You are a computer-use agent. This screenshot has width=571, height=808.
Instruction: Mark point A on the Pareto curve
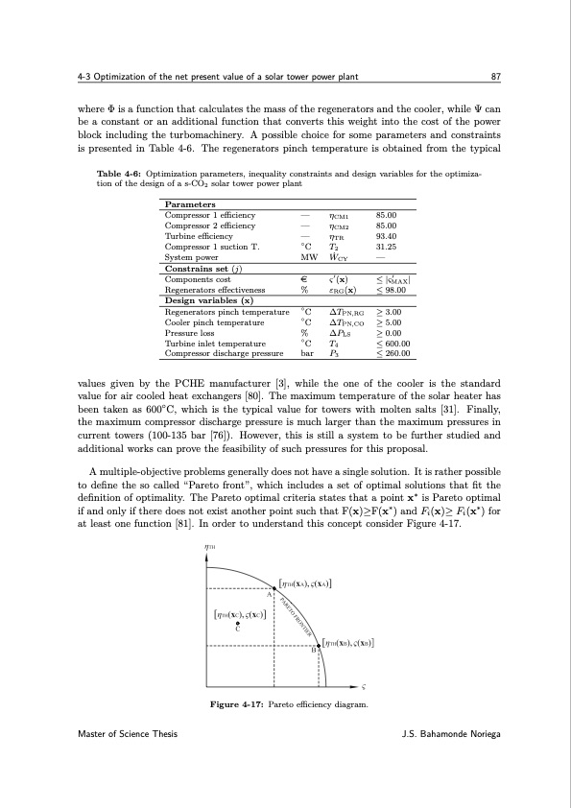coord(274,588)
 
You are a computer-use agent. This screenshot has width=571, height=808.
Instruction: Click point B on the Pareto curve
coord(319,644)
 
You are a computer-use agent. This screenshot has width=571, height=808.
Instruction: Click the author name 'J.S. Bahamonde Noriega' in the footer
coord(456,761)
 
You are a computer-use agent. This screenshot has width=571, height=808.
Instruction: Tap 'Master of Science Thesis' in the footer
coord(121,761)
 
